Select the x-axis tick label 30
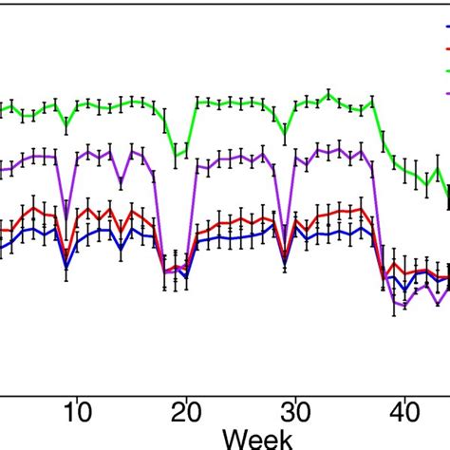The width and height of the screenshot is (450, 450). pos(294,414)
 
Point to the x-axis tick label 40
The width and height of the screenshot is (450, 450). pos(403,414)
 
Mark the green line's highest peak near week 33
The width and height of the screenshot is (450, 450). pos(328,94)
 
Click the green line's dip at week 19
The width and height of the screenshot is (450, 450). pos(175,154)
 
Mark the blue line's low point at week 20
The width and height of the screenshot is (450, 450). pos(186,278)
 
